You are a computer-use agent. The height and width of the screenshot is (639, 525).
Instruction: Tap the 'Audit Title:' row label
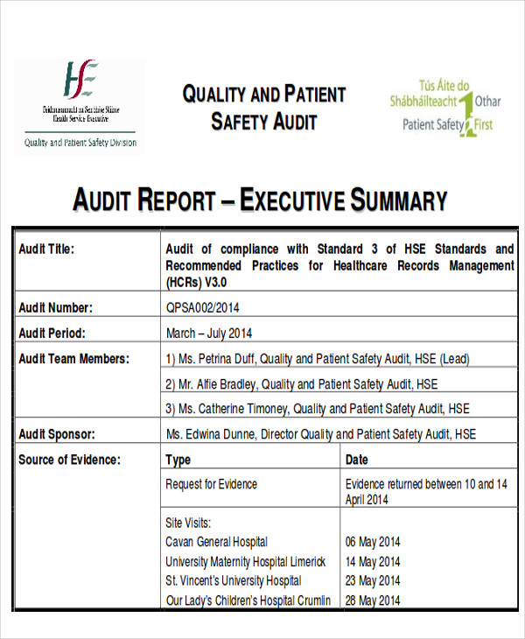(x=46, y=249)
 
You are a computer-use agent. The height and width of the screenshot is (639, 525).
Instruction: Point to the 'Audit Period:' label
(x=52, y=333)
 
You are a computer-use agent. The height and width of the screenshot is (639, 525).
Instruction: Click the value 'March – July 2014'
(x=209, y=333)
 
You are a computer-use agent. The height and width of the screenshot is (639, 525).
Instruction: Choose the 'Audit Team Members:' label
(x=73, y=358)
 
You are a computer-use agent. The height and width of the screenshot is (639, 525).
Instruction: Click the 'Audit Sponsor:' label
(x=57, y=434)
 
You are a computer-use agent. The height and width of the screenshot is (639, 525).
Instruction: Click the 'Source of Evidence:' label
(x=69, y=460)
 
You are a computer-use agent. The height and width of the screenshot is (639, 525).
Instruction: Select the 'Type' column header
(x=178, y=460)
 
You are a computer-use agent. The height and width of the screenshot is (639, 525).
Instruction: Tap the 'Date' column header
(x=357, y=460)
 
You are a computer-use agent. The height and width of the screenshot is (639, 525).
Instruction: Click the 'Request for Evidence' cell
(x=212, y=484)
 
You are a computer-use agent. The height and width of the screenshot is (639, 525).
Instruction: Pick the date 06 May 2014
(x=373, y=542)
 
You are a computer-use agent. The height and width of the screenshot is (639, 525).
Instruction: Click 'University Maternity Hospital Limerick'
(x=245, y=562)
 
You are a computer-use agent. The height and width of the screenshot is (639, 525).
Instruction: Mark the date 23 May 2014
(x=373, y=581)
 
